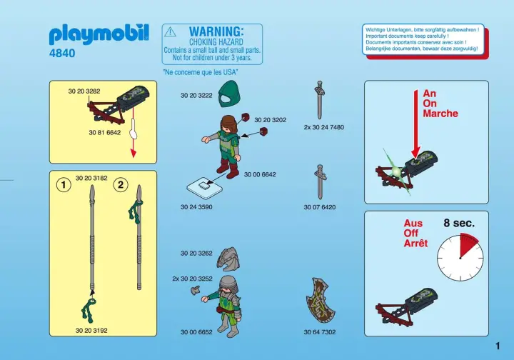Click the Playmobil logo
click(99, 34)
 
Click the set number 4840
click(62, 53)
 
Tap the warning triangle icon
click(170, 32)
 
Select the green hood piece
click(229, 94)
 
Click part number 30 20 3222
click(196, 96)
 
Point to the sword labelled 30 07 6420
click(320, 182)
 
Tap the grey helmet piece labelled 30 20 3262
click(227, 257)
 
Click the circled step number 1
click(64, 185)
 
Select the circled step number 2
click(121, 184)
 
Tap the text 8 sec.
click(459, 224)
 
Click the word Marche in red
click(440, 114)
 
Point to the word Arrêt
click(415, 244)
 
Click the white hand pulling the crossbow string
click(133, 129)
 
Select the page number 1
click(498, 346)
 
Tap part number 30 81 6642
click(104, 133)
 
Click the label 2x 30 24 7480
click(324, 127)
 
